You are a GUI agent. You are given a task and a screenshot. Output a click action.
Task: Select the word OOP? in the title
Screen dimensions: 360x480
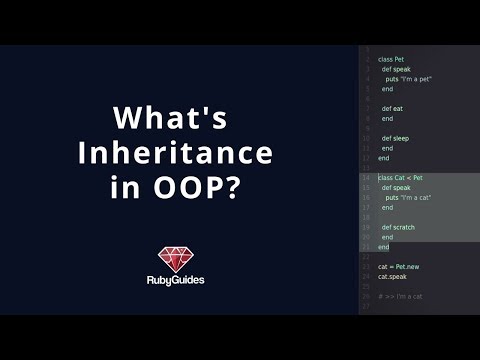[x=211, y=188]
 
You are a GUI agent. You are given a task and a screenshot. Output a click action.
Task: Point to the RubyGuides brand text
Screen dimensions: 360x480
[x=181, y=281]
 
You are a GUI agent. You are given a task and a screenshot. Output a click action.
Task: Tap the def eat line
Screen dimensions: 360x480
[x=394, y=108]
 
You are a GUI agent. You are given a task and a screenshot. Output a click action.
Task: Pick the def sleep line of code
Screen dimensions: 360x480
[x=396, y=138]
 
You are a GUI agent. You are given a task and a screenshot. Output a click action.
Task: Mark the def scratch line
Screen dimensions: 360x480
[x=399, y=227]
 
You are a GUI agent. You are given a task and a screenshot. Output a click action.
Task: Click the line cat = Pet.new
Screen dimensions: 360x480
[x=398, y=266]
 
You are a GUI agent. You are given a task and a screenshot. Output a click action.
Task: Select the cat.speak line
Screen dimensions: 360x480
[x=392, y=276]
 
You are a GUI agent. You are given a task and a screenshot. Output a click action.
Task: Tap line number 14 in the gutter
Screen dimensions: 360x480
[x=366, y=177]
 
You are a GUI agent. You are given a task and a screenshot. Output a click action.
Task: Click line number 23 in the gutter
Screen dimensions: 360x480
[x=366, y=266]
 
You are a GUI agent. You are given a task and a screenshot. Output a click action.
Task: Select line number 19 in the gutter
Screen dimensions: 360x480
[x=366, y=227]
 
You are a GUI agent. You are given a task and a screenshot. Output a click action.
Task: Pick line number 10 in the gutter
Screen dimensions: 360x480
[x=366, y=138]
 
